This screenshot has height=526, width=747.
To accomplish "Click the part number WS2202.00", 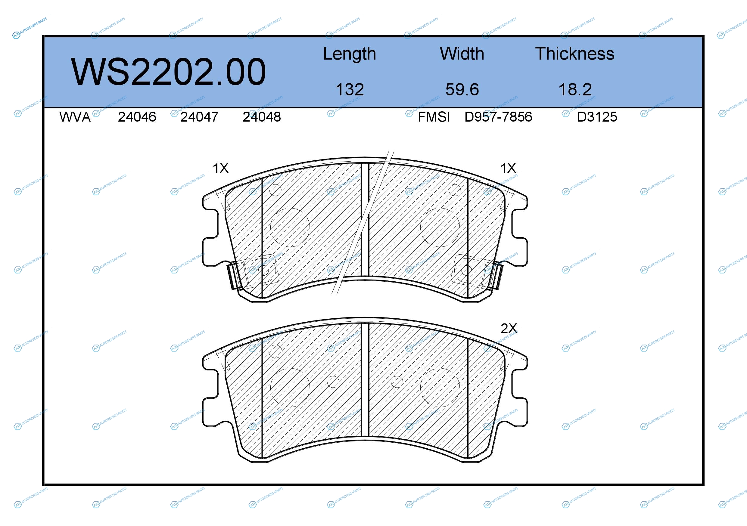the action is (x=168, y=72).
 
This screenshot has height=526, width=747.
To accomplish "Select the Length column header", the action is (x=350, y=54).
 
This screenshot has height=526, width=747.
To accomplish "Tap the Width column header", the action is (x=462, y=54).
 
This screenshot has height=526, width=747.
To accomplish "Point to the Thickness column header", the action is (x=574, y=54).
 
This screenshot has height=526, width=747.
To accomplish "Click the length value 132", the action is (x=350, y=89).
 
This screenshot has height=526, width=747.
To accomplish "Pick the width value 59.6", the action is (x=462, y=89).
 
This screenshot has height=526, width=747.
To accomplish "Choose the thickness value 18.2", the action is (x=575, y=89).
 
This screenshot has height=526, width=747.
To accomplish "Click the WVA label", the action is (x=75, y=117).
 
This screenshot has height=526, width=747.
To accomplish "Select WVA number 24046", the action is (x=137, y=117).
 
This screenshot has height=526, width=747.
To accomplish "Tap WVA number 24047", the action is (x=199, y=117).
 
